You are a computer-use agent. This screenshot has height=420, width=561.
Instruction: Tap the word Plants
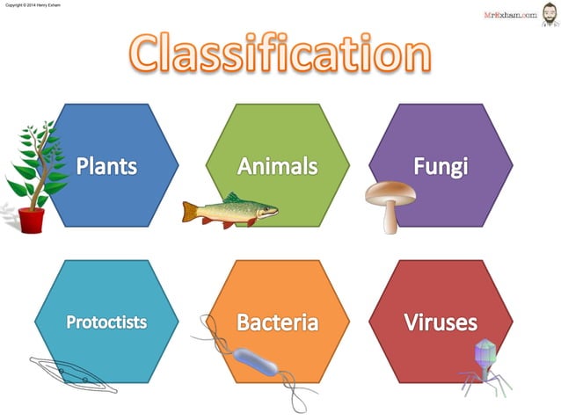106,164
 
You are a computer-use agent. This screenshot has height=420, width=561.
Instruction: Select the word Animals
277,164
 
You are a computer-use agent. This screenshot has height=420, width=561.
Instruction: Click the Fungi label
441,164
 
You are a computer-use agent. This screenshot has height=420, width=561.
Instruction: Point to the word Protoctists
106,322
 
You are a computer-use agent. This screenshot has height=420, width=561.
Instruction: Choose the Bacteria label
277,322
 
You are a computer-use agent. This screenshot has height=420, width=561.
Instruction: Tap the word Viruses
441,322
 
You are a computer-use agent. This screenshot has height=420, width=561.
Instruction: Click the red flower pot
32,221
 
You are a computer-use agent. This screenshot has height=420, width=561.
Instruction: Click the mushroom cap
390,192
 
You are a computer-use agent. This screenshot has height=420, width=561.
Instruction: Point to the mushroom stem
390,218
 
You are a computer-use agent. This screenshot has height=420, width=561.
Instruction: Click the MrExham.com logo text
510,14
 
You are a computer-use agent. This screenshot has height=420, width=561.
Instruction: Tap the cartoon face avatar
549,13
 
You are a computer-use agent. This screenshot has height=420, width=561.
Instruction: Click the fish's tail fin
188,211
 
